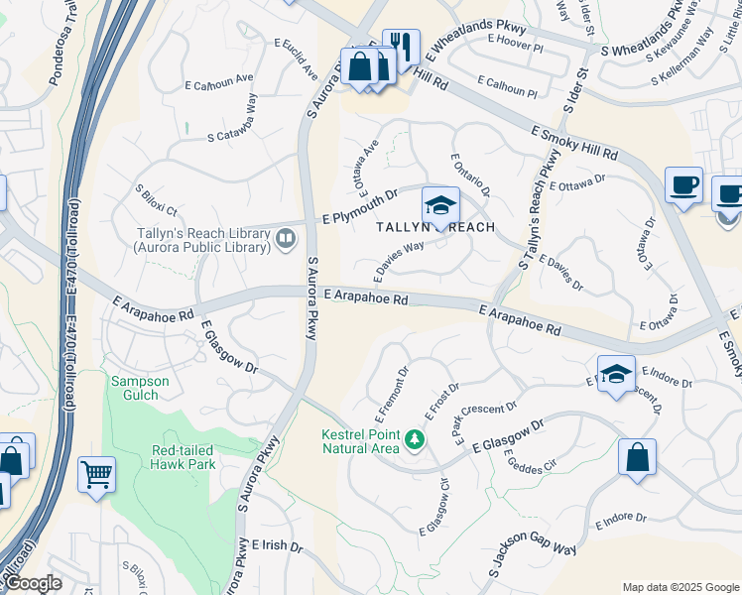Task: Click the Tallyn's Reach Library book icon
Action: pos(286,237)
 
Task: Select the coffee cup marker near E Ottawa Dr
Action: pos(683,184)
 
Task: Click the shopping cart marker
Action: pos(96,474)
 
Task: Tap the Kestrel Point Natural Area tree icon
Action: pos(415,438)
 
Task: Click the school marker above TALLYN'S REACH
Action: pos(440,205)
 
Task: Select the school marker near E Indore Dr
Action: pos(616,374)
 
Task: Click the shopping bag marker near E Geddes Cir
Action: pos(637,457)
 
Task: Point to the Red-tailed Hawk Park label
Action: pos(184,457)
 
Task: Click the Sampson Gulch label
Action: pos(140,388)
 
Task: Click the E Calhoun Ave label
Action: pos(224,77)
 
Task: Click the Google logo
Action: pos(32,583)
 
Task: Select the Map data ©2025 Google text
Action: pos(680,587)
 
